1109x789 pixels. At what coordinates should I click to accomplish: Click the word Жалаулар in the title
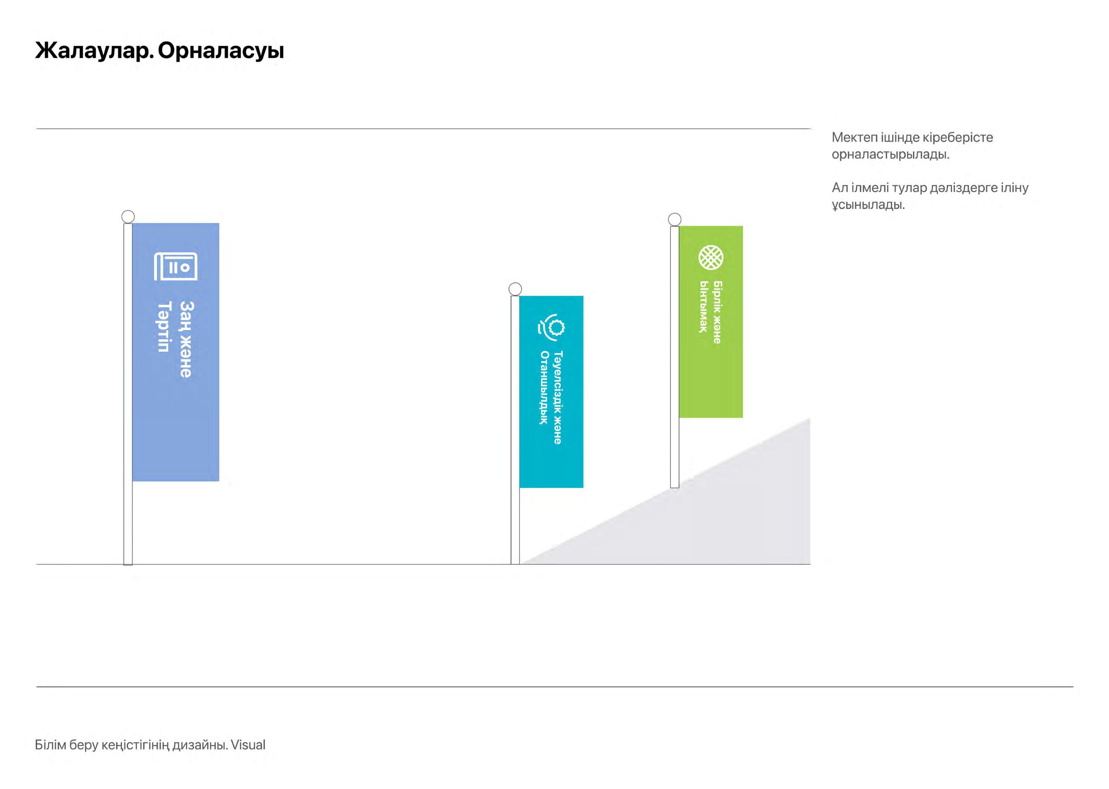(x=94, y=51)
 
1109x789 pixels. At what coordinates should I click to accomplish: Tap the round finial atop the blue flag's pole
(x=128, y=217)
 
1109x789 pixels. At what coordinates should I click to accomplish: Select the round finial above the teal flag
(x=515, y=289)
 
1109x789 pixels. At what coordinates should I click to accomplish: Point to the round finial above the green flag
(x=674, y=219)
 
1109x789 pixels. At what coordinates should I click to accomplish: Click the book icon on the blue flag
(x=176, y=266)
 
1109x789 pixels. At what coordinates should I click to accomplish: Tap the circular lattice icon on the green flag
(x=711, y=258)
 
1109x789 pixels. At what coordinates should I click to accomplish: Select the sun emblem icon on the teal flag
(x=552, y=326)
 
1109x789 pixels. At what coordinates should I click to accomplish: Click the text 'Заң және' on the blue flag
(x=186, y=339)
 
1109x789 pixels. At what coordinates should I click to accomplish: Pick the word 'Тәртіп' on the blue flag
(x=164, y=326)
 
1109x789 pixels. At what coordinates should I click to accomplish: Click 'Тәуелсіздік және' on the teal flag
(x=558, y=397)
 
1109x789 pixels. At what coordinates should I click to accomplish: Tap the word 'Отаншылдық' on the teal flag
(x=544, y=388)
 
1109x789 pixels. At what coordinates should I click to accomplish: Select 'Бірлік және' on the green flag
(x=717, y=312)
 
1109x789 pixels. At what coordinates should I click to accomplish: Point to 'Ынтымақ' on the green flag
(x=703, y=307)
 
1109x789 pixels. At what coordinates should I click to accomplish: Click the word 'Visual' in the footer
(x=248, y=745)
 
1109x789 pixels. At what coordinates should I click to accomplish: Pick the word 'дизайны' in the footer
(x=199, y=745)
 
